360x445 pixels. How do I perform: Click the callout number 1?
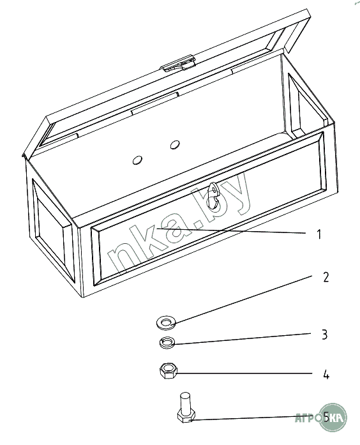(319, 234)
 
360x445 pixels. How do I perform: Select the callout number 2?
(326, 277)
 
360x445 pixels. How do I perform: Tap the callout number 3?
(325, 335)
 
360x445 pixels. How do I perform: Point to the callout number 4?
(326, 375)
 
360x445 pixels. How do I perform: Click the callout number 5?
(327, 417)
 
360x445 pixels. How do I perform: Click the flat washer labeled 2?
(166, 323)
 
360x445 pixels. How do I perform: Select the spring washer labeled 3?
(167, 343)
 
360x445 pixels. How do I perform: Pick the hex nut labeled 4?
(169, 371)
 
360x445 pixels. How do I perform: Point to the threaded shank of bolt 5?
(185, 402)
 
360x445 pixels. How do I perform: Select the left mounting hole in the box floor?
(137, 160)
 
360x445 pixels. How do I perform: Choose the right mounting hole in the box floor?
(175, 145)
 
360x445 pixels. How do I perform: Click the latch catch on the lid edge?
(178, 64)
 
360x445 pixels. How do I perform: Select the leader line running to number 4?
(244, 373)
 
